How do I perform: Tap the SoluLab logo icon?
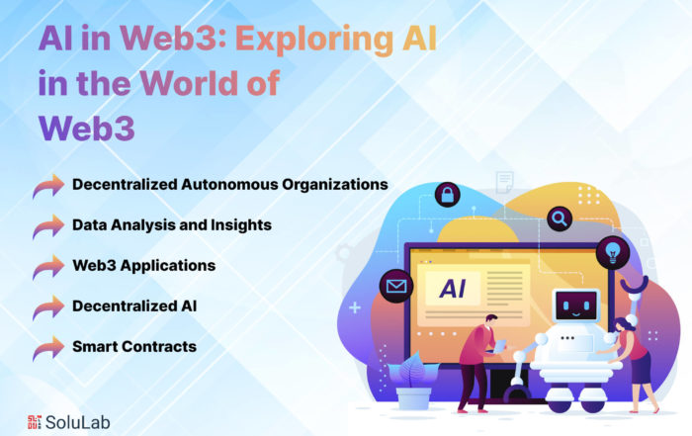34,422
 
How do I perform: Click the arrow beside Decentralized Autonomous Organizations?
48,186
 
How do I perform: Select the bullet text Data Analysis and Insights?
172,225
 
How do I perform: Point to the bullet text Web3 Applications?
144,265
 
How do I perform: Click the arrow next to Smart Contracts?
48,348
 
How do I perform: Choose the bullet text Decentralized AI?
134,305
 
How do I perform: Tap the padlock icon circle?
448,195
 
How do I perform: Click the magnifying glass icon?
560,218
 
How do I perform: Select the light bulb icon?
613,253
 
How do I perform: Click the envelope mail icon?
396,286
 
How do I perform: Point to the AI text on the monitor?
453,289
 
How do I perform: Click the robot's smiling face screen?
575,305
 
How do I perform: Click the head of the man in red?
490,320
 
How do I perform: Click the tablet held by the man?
500,346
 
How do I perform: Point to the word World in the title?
191,82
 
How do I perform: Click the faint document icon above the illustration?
504,182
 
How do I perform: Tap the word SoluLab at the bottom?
78,422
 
